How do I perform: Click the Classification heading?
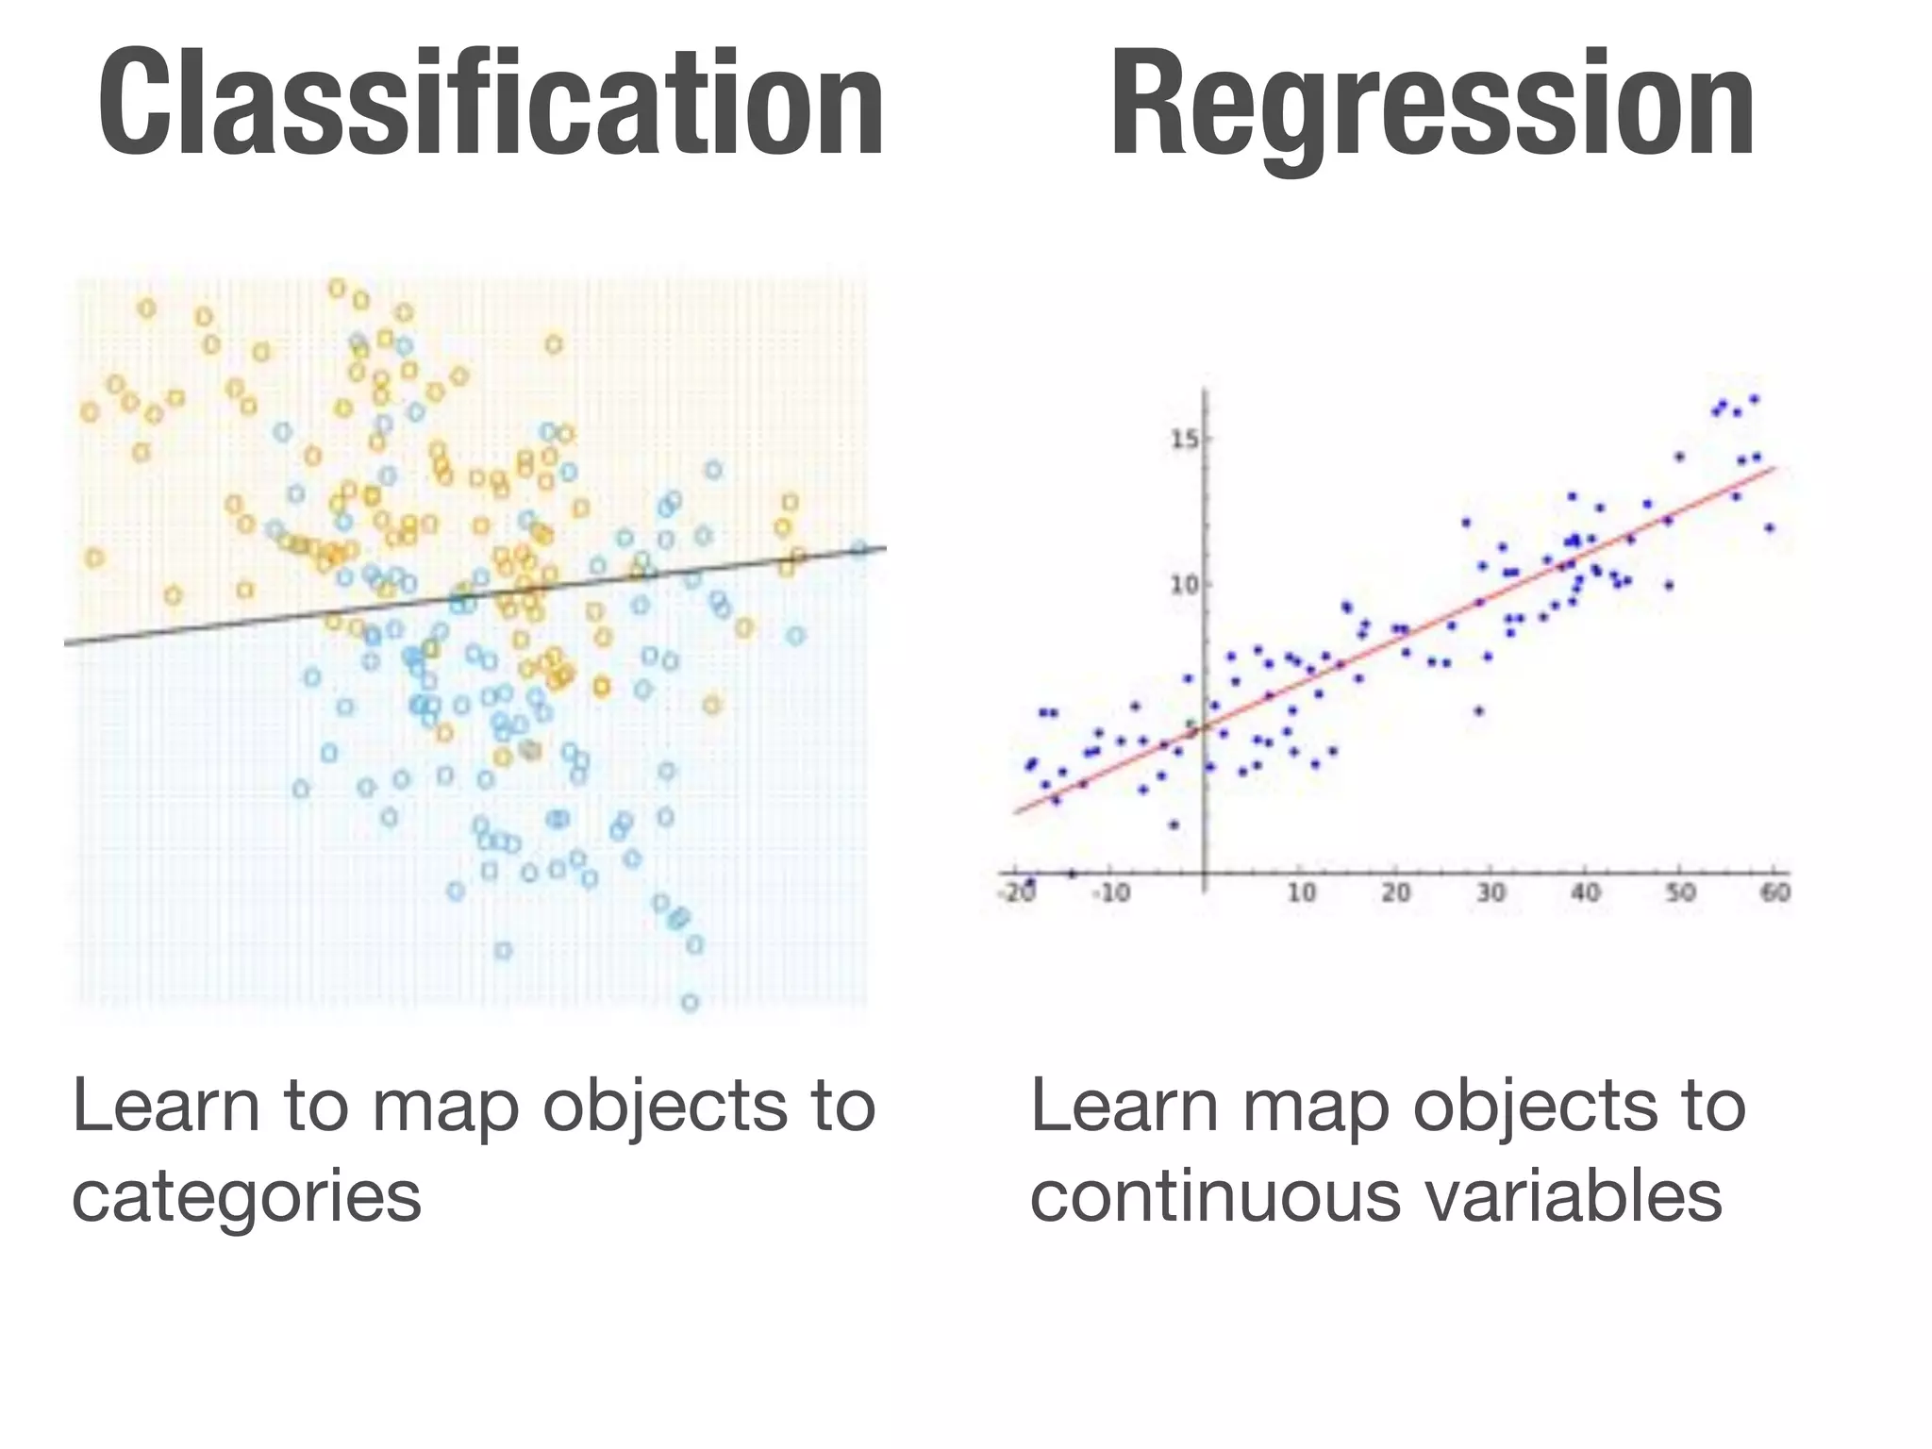tap(491, 104)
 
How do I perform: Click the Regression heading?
tap(1432, 104)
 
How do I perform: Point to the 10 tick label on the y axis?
tap(1184, 586)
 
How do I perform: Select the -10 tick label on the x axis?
tap(1110, 892)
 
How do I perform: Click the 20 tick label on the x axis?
tap(1396, 892)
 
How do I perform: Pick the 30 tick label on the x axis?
tap(1491, 892)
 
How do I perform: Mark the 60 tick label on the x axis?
tap(1775, 892)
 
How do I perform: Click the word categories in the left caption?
tap(246, 1198)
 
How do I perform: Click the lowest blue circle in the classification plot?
tap(691, 1003)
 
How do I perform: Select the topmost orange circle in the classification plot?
tap(337, 289)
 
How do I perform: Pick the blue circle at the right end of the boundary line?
tap(858, 549)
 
